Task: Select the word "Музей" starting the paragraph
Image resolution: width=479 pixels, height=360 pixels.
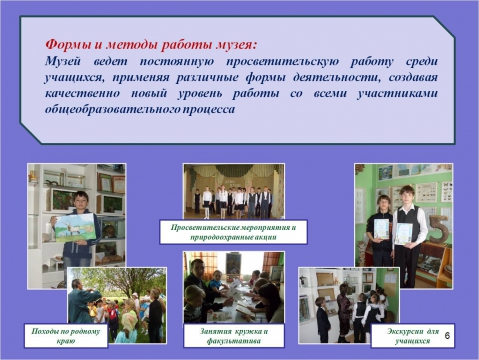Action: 66,62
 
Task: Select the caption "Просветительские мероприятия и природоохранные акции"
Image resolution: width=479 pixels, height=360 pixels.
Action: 233,231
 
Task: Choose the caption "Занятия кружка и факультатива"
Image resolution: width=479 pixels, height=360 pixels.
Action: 233,333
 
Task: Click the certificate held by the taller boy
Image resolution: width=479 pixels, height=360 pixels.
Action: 403,231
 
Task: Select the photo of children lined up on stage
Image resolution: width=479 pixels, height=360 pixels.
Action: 232,190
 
